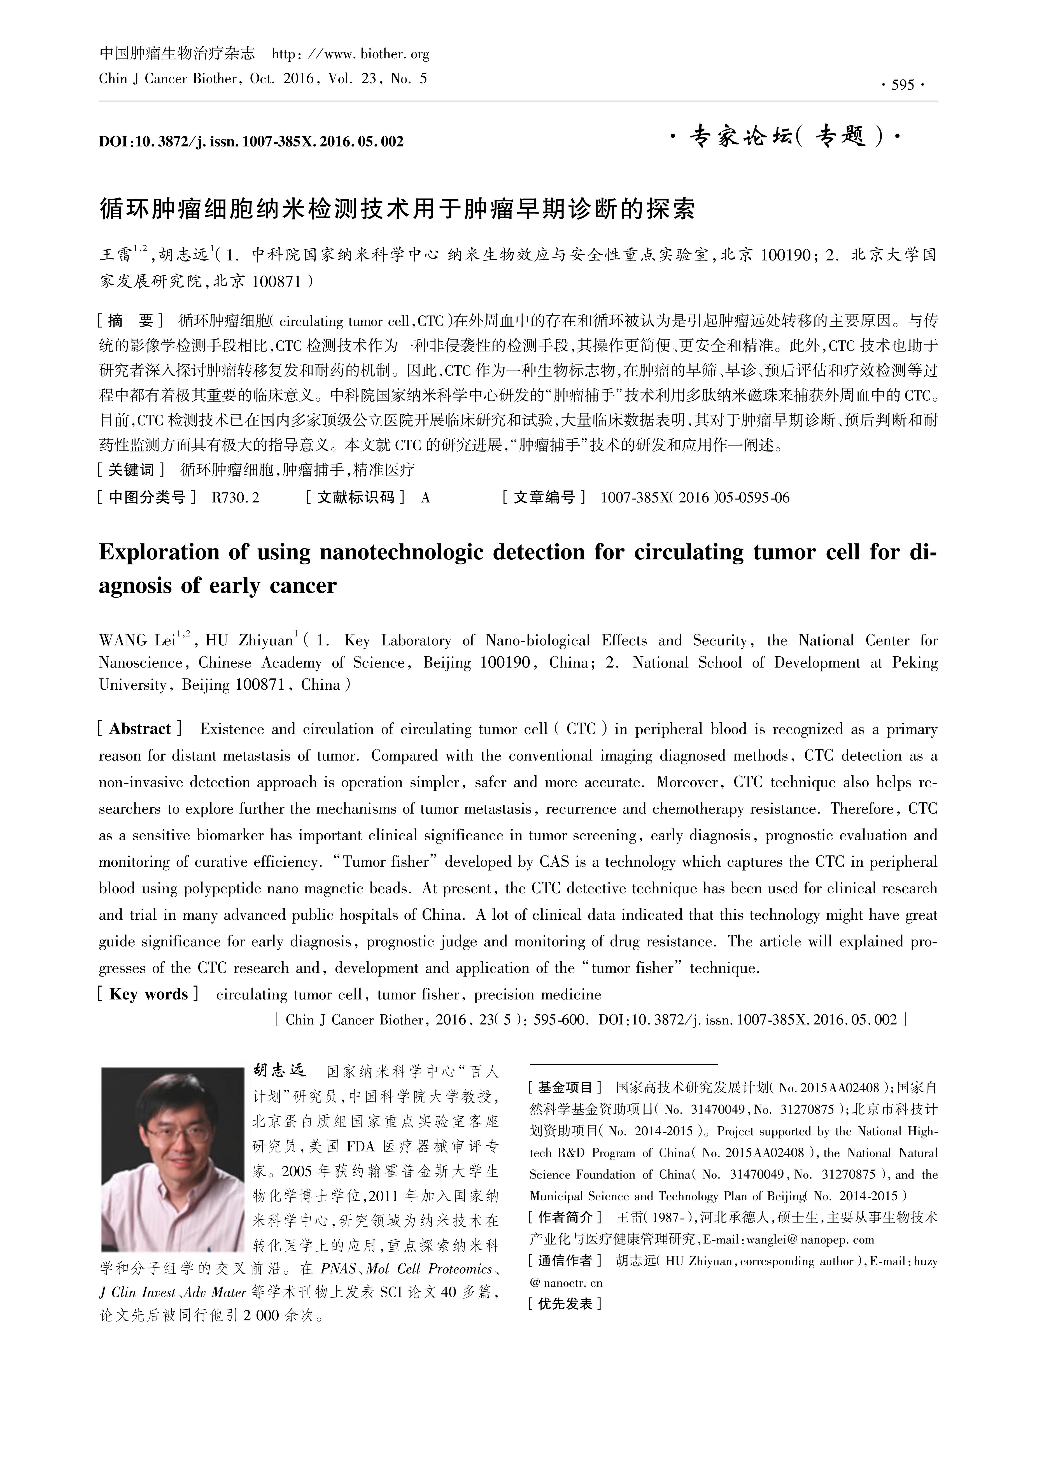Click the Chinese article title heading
pyautogui.click(x=396, y=209)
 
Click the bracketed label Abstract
pyautogui.click(x=140, y=729)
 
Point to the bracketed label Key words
pyautogui.click(x=148, y=994)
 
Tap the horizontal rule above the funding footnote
pyautogui.click(x=624, y=1064)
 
